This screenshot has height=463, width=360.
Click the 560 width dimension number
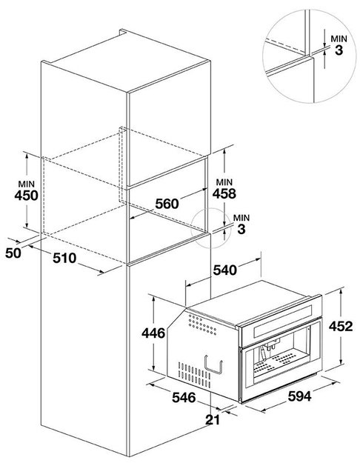[x=167, y=204]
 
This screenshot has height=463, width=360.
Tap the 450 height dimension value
[x=26, y=196]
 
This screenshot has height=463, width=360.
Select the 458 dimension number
[x=224, y=193]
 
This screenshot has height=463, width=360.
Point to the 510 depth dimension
[x=64, y=258]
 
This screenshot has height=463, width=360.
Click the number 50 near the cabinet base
[x=13, y=253]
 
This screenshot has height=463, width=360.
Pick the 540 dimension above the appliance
[x=225, y=270]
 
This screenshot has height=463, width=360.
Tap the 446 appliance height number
[x=153, y=333]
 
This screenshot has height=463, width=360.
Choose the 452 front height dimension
[x=341, y=326]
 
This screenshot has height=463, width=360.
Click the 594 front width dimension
[x=300, y=396]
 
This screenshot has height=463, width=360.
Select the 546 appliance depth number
[x=184, y=398]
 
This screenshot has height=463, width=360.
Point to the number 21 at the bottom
[x=213, y=420]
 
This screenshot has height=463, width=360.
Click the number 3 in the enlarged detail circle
[x=339, y=50]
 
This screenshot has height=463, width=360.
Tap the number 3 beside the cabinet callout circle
[x=241, y=229]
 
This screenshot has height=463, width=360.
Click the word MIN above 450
[x=26, y=184]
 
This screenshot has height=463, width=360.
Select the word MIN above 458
[x=224, y=182]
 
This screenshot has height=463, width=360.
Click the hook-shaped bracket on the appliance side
[x=213, y=364]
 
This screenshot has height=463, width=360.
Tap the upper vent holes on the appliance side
[x=202, y=324]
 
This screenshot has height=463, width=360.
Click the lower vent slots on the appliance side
[x=194, y=375]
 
